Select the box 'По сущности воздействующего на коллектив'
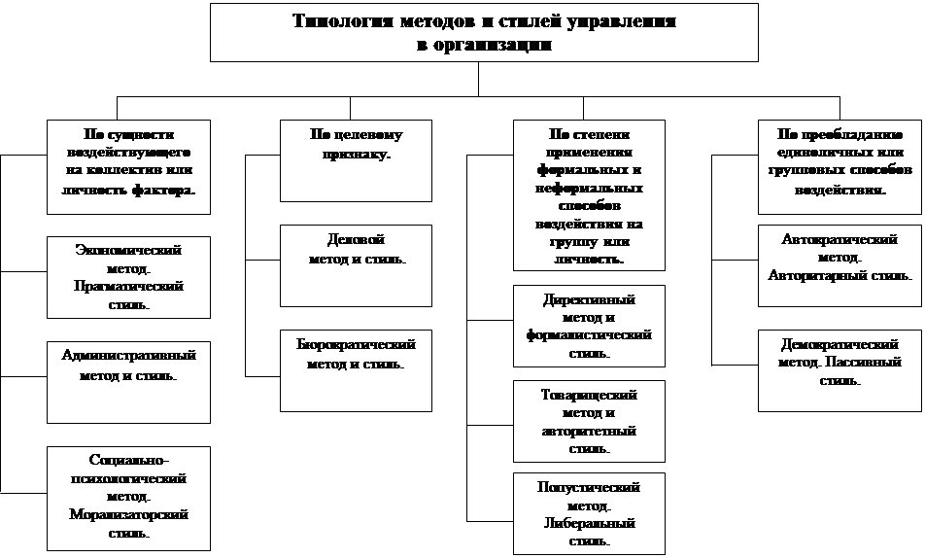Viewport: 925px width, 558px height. pyautogui.click(x=128, y=165)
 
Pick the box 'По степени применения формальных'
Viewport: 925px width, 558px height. pyautogui.click(x=589, y=194)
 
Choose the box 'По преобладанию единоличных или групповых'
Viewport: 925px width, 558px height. pyautogui.click(x=839, y=165)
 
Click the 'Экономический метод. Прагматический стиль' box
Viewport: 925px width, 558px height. pyautogui.click(x=128, y=276)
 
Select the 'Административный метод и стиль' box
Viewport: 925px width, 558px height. pyautogui.click(x=128, y=381)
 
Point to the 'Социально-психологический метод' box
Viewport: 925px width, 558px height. pyautogui.click(x=128, y=495)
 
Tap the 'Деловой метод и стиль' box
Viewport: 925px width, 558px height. pyautogui.click(x=357, y=265)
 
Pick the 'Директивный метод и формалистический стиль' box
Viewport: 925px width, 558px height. pyautogui.click(x=589, y=325)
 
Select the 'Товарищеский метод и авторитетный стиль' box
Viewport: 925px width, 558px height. pyautogui.click(x=589, y=420)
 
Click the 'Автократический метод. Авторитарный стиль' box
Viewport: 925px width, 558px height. pyautogui.click(x=839, y=264)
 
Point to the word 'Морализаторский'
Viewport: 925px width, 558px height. pyautogui.click(x=128, y=514)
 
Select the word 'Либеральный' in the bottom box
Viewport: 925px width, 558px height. pyautogui.click(x=589, y=523)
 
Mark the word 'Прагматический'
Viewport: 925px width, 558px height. pyautogui.click(x=128, y=287)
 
